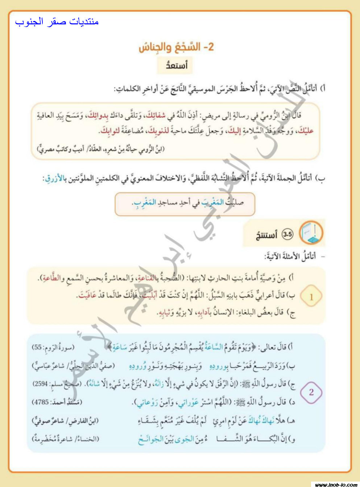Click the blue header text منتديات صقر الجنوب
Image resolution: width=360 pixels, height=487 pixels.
click(57, 22)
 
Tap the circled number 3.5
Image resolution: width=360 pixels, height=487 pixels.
click(287, 234)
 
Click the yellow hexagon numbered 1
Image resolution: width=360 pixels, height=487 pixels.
click(311, 297)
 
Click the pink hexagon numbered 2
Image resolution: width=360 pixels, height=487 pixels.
click(311, 392)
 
